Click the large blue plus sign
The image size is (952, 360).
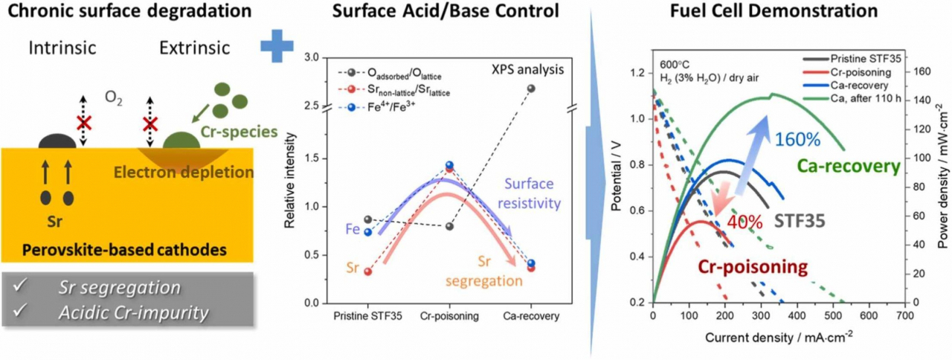click(277, 46)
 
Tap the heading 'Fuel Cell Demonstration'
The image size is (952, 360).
click(774, 10)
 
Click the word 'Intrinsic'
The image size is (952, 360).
click(62, 48)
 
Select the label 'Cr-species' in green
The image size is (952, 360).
click(239, 132)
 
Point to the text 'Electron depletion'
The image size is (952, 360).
click(184, 172)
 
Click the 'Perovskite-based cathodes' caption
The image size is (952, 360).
click(124, 249)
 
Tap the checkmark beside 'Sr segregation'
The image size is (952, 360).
click(20, 286)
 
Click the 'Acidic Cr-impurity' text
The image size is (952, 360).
click(134, 313)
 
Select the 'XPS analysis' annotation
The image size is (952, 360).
click(528, 69)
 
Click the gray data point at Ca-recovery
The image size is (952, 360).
click(531, 89)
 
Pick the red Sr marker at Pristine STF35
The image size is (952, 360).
click(368, 271)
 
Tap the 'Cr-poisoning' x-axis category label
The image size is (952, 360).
click(449, 316)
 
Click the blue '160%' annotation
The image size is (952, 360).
click(798, 139)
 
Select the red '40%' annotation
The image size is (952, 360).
click(744, 222)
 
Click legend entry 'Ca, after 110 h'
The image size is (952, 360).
click(866, 98)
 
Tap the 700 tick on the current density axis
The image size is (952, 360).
click(905, 316)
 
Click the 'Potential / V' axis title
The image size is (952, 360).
click(616, 176)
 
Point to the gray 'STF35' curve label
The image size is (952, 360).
click(800, 221)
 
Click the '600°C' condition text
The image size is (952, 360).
click(675, 65)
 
